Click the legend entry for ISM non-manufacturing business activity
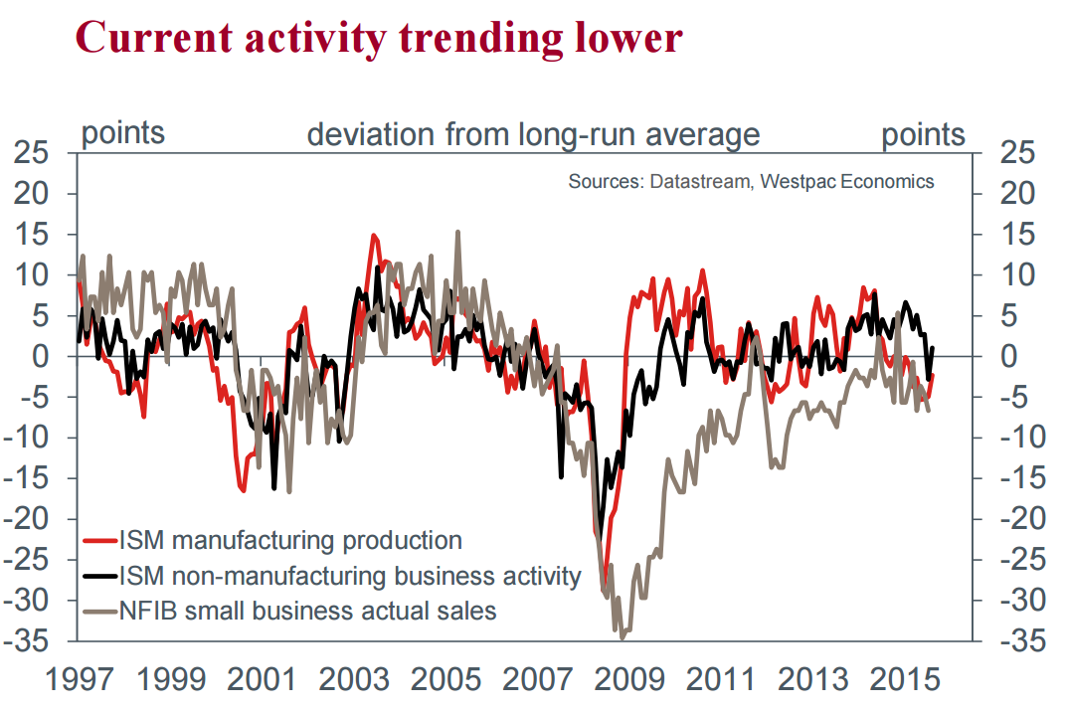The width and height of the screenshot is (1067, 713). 349,575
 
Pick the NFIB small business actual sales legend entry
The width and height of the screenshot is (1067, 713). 307,610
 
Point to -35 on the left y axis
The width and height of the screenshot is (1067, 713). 31,641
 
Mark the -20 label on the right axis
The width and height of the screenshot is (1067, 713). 1021,519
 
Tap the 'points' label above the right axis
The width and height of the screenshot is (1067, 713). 923,134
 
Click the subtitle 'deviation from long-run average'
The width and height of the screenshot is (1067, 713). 533,134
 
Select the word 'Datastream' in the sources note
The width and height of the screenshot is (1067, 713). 696,182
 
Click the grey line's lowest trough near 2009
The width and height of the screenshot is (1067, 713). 622,637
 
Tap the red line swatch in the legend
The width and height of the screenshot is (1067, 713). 99,541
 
